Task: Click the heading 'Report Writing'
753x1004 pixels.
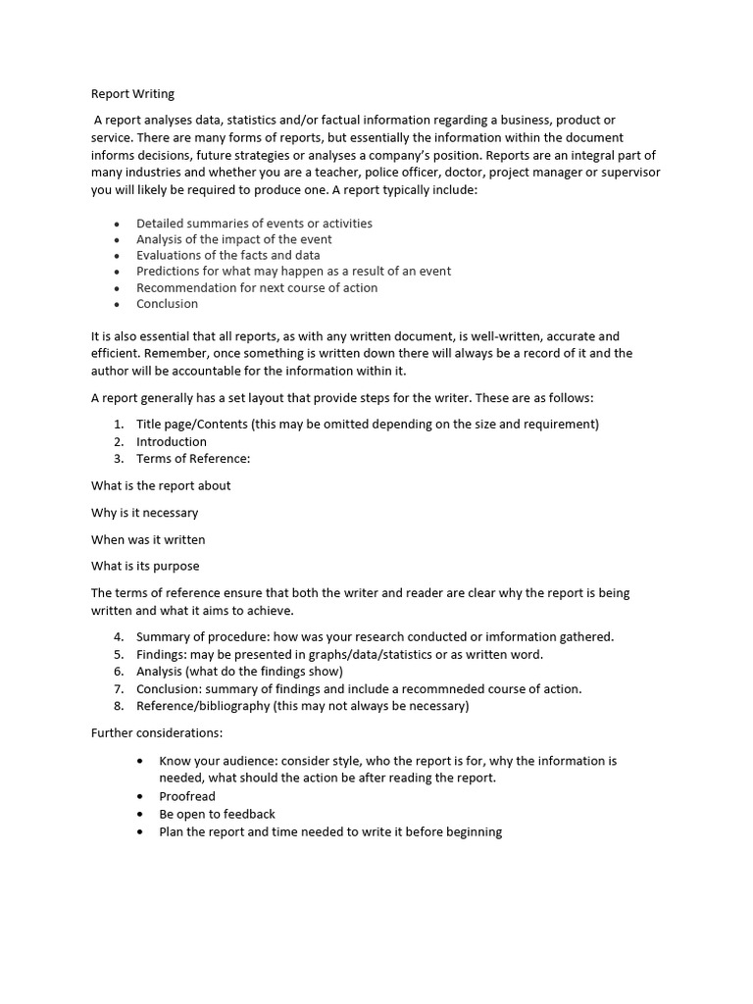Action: (x=132, y=94)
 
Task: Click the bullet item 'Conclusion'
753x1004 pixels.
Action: (x=167, y=304)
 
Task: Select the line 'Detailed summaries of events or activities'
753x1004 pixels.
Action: (x=254, y=224)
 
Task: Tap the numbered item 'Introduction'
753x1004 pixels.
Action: (x=172, y=441)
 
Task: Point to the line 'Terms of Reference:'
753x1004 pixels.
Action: (x=193, y=458)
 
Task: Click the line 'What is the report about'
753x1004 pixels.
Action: (x=161, y=485)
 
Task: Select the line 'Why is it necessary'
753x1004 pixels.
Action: (x=144, y=513)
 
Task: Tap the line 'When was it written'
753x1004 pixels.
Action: (x=148, y=539)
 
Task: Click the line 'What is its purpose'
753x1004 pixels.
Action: (x=145, y=566)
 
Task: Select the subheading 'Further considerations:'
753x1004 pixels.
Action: (x=157, y=732)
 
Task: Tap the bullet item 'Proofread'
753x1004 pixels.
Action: (x=187, y=796)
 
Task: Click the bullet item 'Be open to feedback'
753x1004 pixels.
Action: (x=217, y=814)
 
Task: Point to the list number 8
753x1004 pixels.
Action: (x=118, y=706)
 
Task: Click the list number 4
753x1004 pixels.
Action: (x=118, y=636)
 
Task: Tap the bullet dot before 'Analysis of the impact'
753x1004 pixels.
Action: (x=117, y=240)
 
